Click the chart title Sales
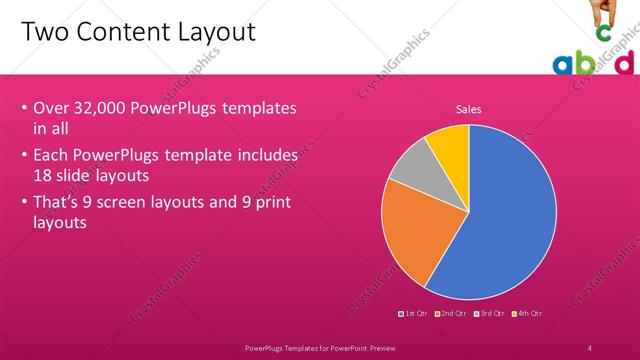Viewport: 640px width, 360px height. (x=468, y=109)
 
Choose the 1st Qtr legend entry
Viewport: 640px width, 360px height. (x=414, y=314)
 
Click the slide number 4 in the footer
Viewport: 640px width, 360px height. (x=590, y=347)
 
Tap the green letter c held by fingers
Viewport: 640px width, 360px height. (x=603, y=33)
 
